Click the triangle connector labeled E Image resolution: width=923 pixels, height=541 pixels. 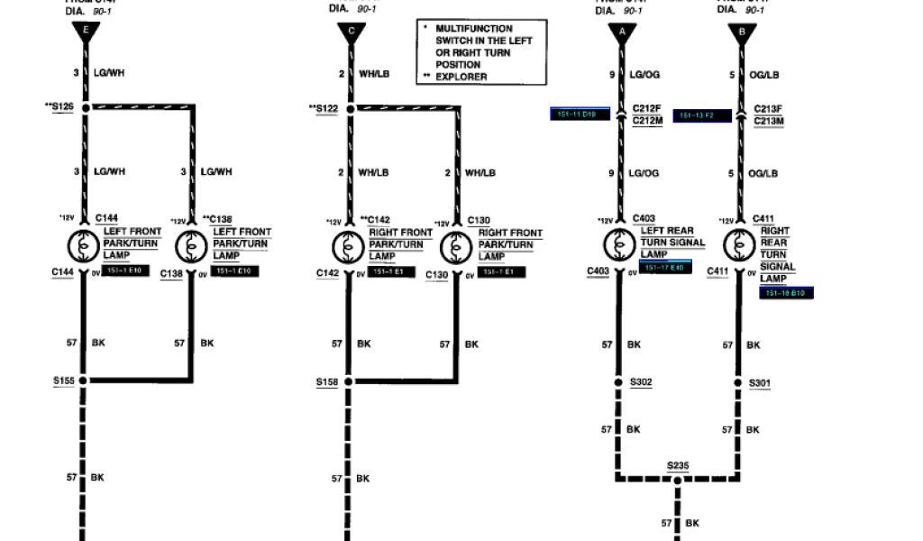tap(86, 33)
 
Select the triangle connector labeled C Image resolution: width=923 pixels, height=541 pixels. tap(351, 33)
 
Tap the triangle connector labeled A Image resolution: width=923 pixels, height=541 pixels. tap(621, 33)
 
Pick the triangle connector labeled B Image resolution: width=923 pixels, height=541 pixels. tap(742, 33)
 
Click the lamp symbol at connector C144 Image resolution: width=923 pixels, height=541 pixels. tap(84, 245)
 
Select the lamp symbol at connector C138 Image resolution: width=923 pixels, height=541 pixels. tap(191, 245)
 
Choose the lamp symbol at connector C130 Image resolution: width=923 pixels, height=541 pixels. tap(455, 245)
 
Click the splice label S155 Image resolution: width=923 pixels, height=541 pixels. tap(64, 381)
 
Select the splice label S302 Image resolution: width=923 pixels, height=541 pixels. tap(642, 382)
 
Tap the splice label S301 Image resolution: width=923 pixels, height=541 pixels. tap(760, 383)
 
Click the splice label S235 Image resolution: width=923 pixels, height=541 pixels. tap(678, 465)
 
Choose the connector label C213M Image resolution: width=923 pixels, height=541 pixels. tap(769, 121)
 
